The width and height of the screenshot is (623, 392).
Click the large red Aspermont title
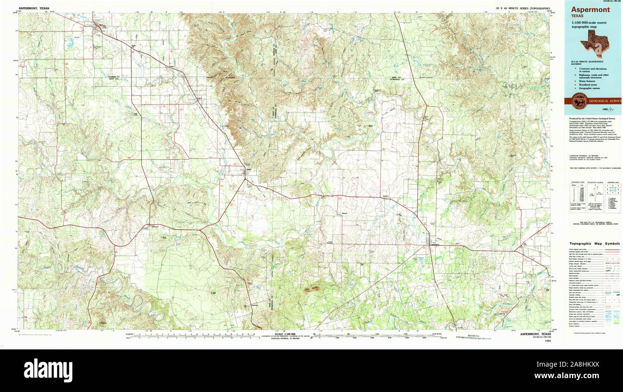[x=590, y=10]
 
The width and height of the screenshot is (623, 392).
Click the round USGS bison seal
[x=576, y=101]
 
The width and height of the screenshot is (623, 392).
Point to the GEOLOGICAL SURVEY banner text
[x=604, y=101]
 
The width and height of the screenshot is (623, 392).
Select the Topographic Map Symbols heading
[x=594, y=244]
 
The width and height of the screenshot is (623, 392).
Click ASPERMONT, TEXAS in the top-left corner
[x=34, y=9]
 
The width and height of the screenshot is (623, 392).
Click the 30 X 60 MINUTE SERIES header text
[x=522, y=9]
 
